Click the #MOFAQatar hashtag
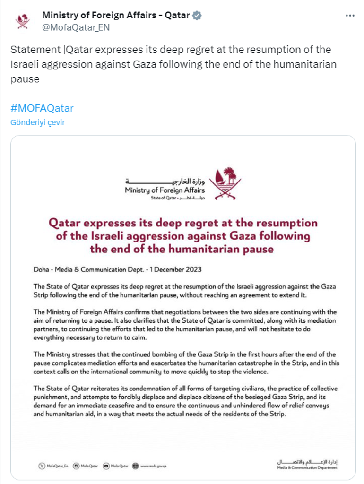tap(42, 108)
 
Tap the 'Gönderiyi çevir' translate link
tap(37, 122)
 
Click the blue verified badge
tap(197, 15)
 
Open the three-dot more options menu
tap(350, 16)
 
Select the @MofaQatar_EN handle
tap(76, 27)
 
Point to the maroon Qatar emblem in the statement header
tap(225, 183)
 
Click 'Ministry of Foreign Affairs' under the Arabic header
tap(165, 190)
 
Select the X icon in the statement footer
tap(42, 466)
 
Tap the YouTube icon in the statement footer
tap(107, 466)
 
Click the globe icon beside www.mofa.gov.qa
tap(136, 466)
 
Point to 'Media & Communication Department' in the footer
tap(307, 468)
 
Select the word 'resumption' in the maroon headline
tap(284, 223)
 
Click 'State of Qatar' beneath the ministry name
tap(164, 198)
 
